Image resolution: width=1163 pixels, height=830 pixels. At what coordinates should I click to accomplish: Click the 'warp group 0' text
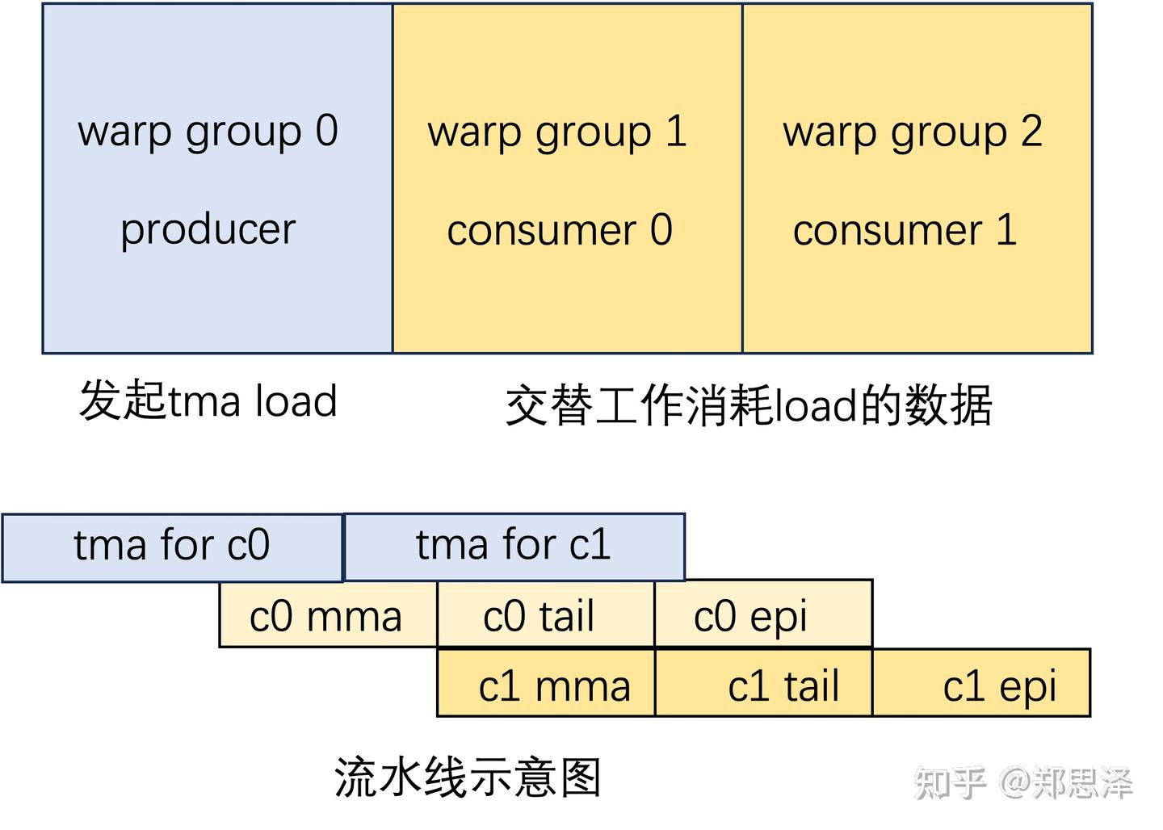tap(208, 131)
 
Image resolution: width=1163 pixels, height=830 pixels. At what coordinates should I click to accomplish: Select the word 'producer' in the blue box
tap(208, 229)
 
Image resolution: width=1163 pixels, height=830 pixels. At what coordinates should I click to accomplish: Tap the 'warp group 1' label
tap(557, 132)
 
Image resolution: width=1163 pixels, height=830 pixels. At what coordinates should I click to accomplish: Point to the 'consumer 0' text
tap(560, 230)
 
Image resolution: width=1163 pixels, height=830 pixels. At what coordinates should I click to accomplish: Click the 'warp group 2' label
tap(913, 132)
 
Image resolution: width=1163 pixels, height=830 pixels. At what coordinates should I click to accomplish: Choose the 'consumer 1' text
tap(905, 230)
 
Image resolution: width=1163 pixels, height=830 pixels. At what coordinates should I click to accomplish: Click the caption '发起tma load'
tap(208, 400)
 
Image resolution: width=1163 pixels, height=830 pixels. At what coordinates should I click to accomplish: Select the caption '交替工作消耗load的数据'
tap(748, 405)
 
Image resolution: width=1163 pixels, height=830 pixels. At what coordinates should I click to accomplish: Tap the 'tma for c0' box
tap(172, 547)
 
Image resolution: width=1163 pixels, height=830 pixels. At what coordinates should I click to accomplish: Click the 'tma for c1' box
tap(514, 546)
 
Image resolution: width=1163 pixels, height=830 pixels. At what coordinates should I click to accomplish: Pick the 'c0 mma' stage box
tap(327, 616)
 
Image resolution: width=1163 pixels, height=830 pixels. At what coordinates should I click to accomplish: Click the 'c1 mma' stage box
tap(546, 685)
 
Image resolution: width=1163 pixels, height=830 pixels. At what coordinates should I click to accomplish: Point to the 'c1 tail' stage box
tap(763, 685)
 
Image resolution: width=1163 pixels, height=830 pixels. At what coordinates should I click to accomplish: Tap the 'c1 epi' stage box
tap(981, 685)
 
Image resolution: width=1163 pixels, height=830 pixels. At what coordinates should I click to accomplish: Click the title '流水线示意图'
tap(468, 778)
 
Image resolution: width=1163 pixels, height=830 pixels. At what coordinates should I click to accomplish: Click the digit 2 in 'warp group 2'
tap(1030, 131)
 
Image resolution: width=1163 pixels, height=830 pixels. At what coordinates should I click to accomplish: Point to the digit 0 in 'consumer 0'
tap(661, 230)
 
